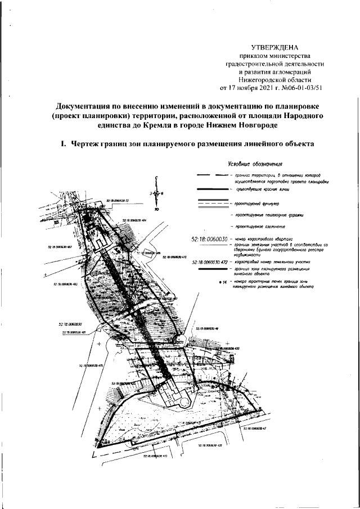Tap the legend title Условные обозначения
tap(255, 164)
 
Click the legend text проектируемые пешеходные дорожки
tap(271, 215)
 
